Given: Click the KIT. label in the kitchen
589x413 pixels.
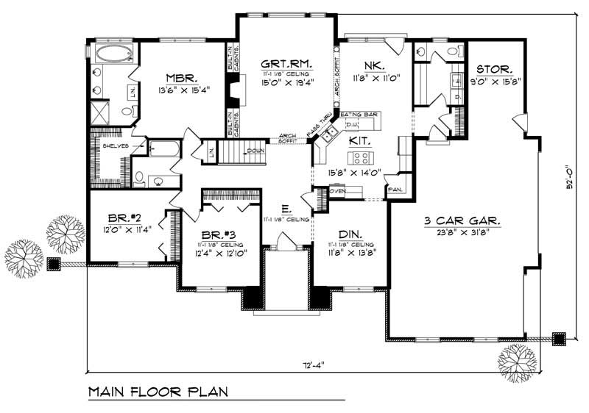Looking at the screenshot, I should pyautogui.click(x=359, y=139).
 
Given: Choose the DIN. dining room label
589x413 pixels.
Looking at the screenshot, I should pyautogui.click(x=348, y=234).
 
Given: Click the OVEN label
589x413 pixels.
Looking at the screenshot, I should pyautogui.click(x=338, y=192).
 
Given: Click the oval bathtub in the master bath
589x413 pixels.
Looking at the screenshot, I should pyautogui.click(x=114, y=53).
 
